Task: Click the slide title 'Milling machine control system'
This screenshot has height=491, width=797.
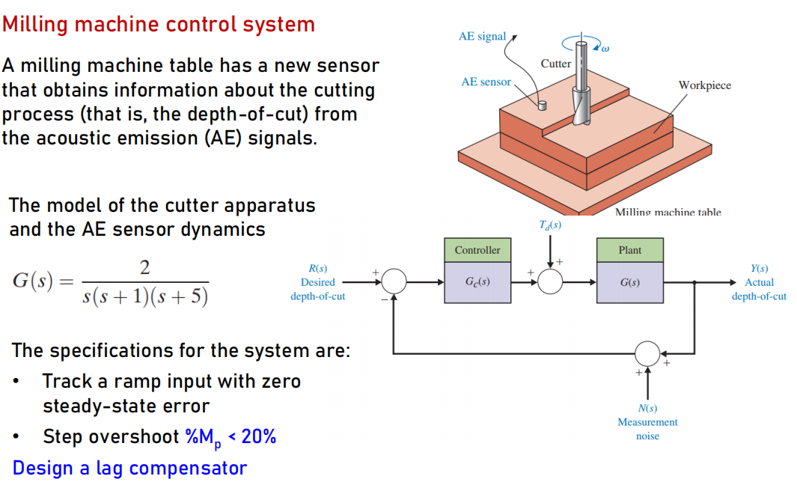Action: (159, 24)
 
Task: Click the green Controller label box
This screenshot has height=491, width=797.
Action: (477, 250)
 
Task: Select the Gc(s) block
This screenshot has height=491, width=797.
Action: (477, 282)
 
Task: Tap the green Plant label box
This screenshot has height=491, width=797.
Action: (629, 250)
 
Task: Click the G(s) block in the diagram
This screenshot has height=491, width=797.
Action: (629, 282)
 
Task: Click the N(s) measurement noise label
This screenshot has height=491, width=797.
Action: (647, 409)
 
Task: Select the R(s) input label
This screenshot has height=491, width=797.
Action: (317, 269)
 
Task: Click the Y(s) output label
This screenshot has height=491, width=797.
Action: (759, 269)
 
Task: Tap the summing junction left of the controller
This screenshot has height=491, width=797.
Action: (394, 282)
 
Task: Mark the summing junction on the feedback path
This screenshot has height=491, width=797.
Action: (647, 350)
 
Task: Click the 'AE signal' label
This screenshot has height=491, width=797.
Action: (482, 36)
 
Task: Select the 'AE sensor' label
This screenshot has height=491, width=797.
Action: (486, 82)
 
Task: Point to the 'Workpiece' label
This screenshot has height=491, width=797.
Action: (704, 85)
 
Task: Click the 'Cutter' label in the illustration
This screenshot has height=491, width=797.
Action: (555, 64)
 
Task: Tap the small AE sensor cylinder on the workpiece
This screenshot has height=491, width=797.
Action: (543, 106)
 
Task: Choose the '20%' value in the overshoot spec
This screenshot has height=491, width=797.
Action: (259, 436)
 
